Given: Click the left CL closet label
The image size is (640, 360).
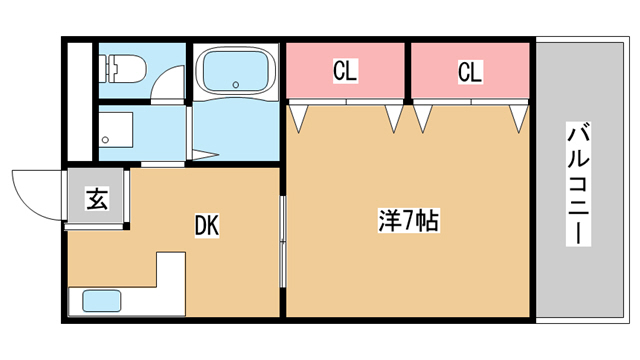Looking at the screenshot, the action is click(x=345, y=71).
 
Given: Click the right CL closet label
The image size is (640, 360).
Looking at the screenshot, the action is click(x=470, y=71).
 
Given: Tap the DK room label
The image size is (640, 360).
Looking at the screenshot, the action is click(x=207, y=225).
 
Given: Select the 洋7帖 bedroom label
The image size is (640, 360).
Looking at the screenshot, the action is click(x=409, y=221).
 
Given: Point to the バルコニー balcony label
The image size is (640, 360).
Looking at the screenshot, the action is click(x=578, y=184).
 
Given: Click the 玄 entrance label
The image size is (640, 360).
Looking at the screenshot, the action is click(x=97, y=199).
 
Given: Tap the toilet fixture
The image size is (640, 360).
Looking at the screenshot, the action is click(x=122, y=69).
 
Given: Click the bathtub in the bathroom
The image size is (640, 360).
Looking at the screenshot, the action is click(x=236, y=71).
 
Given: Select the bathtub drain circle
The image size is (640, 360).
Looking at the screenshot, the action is click(x=236, y=85).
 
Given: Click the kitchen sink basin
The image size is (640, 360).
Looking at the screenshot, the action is click(x=102, y=301).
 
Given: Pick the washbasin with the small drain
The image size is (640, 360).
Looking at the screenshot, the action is click(x=116, y=130).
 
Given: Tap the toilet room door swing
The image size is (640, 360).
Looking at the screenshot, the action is click(x=168, y=82).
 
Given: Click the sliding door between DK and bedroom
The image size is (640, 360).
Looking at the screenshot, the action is click(x=282, y=242).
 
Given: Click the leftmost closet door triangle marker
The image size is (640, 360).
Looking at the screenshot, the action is click(x=298, y=117).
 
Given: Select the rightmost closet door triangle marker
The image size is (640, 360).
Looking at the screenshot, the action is click(x=519, y=117).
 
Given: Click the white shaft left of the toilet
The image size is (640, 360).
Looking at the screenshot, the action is click(x=80, y=102).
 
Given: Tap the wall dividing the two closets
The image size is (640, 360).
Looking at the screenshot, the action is click(x=408, y=71).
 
